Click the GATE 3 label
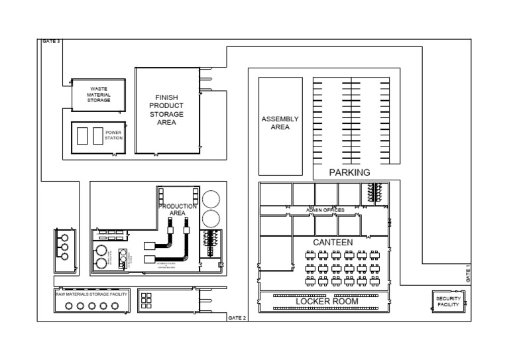tap(51, 42)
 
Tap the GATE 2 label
tap(237, 318)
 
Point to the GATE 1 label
tap(468, 273)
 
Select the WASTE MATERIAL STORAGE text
tap(99, 94)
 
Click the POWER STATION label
tap(114, 135)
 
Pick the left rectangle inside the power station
tap(83, 135)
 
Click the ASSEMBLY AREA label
tap(280, 123)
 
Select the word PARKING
tap(349, 172)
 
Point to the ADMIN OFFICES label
tap(325, 210)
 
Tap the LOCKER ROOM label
tap(327, 302)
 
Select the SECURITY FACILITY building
tap(448, 302)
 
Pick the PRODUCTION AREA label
tap(177, 210)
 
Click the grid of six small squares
tap(146, 300)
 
